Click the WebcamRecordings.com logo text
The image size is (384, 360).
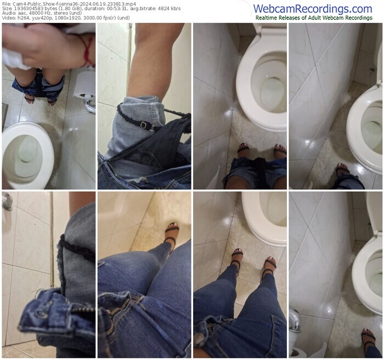313,9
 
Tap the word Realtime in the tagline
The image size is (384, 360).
266,18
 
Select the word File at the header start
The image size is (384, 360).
5,4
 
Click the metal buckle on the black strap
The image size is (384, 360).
144,125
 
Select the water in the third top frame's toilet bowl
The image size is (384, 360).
273,92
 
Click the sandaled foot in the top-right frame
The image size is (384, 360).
342,170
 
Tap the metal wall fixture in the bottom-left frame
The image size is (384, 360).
7,201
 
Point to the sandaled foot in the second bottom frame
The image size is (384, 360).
172,233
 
